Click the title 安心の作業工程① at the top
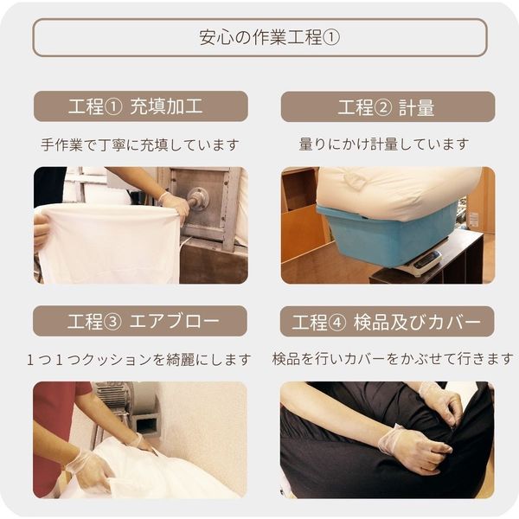pyautogui.click(x=259, y=38)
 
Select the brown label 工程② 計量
pyautogui.click(x=388, y=107)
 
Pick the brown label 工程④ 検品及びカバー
pyautogui.click(x=388, y=322)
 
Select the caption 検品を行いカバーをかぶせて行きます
pyautogui.click(x=392, y=358)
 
